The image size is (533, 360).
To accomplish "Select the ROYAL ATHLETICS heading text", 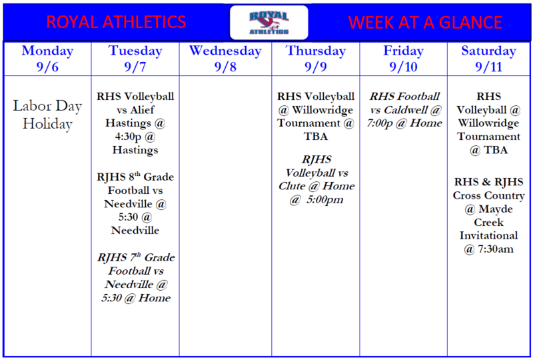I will tap(116, 23).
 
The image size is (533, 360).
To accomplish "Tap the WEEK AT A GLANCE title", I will tap(425, 23).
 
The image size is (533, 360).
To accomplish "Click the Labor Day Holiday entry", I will tap(47, 114).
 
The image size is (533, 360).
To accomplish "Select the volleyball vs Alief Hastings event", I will tap(135, 123).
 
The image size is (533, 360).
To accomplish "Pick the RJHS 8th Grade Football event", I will tap(135, 204).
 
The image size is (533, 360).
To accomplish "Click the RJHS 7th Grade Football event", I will tap(135, 278).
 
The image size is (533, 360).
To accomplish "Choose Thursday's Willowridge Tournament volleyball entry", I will tap(316, 116).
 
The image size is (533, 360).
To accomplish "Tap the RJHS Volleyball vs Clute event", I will tap(316, 179).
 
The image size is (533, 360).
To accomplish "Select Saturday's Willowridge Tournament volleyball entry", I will tap(488, 123).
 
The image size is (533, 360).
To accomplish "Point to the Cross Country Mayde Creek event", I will tap(488, 215).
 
